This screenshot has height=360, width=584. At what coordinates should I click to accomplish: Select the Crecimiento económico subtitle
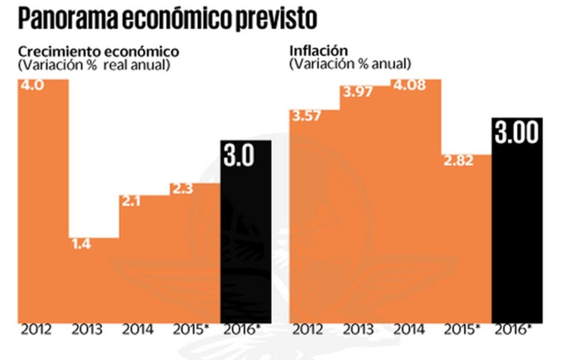click(x=98, y=52)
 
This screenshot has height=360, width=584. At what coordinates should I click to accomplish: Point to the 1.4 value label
click(x=81, y=244)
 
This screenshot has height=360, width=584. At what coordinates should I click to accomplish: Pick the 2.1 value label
click(x=131, y=202)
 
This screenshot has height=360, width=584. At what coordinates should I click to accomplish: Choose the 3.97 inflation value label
click(x=357, y=92)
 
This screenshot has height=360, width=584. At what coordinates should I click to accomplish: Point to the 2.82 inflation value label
click(x=458, y=161)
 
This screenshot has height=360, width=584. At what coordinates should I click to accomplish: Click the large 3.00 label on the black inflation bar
click(x=517, y=133)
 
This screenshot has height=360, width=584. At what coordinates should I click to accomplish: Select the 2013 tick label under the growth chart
click(x=87, y=330)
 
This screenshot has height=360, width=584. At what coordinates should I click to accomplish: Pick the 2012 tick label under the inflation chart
click(x=307, y=330)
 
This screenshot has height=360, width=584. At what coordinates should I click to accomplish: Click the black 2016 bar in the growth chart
click(x=246, y=243)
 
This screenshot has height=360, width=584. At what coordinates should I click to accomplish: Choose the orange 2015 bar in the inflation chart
click(x=466, y=243)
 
